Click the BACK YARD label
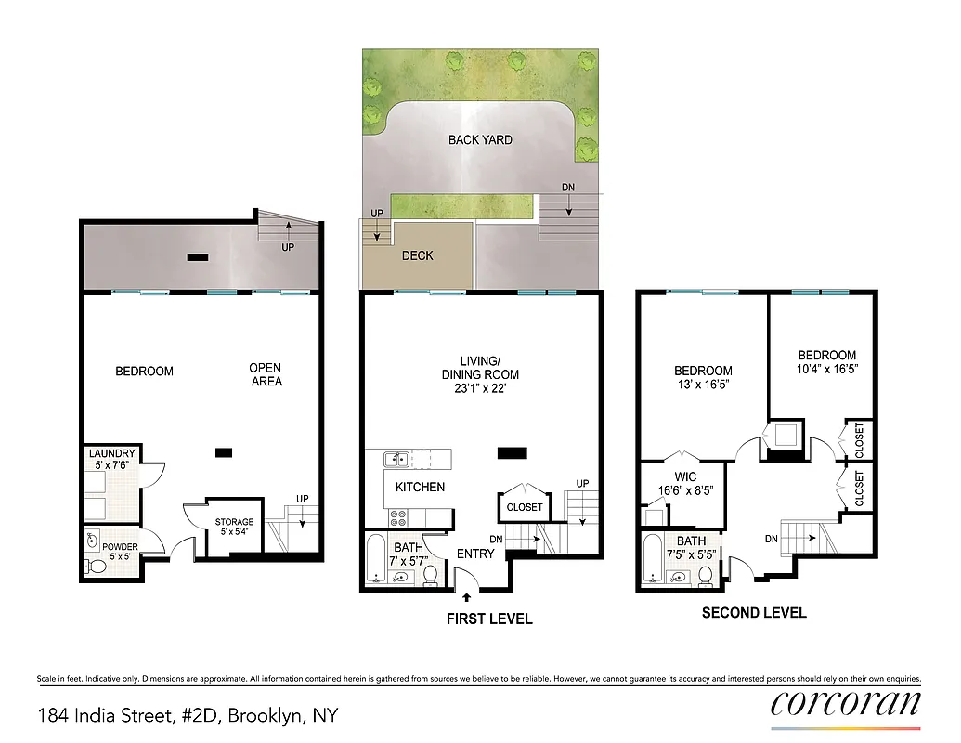480,140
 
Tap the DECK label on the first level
417,255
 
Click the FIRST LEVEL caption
488,619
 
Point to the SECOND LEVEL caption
754,613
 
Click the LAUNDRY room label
112,453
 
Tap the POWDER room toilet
97,566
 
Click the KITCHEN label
420,487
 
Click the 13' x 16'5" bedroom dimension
703,385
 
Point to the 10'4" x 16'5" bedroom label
826,361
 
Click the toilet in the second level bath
706,576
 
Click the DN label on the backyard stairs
568,188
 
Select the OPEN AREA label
266,374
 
